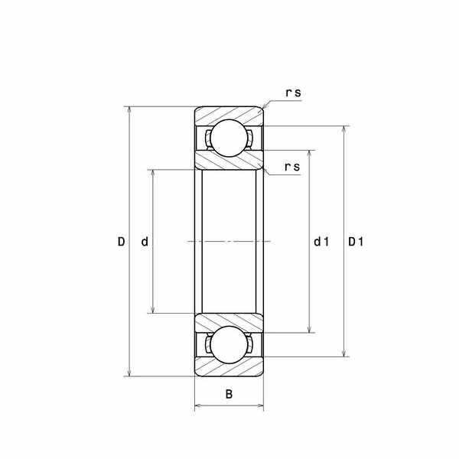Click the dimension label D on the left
click(x=121, y=242)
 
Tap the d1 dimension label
click(x=321, y=242)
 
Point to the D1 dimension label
click(x=356, y=242)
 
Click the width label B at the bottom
click(x=229, y=395)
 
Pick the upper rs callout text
click(x=293, y=93)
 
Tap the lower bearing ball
click(x=229, y=345)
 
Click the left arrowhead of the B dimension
click(x=198, y=407)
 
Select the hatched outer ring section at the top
click(x=229, y=112)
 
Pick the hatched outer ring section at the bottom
click(x=229, y=370)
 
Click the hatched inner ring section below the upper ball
click(x=229, y=162)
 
